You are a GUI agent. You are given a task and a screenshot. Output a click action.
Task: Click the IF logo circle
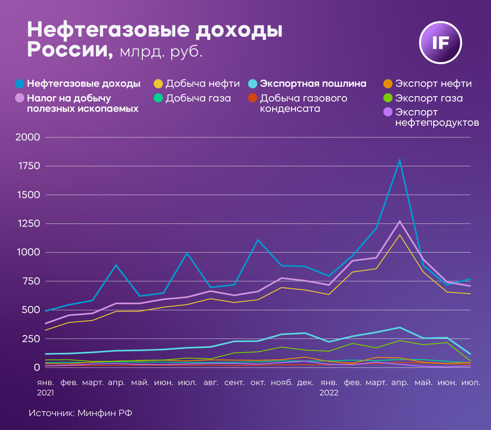(440, 43)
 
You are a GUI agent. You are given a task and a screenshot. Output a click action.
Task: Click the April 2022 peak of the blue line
(400, 161)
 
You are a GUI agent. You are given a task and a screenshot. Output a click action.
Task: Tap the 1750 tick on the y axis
(28, 166)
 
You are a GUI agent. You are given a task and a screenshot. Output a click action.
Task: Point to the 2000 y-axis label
(28, 137)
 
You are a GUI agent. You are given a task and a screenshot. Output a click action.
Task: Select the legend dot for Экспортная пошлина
(253, 84)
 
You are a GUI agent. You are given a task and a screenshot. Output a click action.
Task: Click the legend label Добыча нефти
(203, 84)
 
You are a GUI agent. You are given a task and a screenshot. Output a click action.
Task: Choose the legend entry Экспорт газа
(429, 98)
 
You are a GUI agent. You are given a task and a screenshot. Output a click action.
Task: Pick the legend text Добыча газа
(198, 98)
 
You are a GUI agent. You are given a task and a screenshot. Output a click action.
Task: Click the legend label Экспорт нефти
(433, 84)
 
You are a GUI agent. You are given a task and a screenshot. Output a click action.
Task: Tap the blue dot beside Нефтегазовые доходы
(20, 84)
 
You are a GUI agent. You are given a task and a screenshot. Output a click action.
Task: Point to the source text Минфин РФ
(105, 413)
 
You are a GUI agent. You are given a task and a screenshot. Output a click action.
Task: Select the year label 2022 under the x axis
(329, 393)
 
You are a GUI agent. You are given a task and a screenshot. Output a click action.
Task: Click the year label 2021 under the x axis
(45, 393)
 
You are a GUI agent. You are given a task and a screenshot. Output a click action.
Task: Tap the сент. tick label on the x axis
(234, 383)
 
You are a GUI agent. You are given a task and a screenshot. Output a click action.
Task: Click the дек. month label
(305, 383)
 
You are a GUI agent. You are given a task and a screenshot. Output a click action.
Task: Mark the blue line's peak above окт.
(258, 240)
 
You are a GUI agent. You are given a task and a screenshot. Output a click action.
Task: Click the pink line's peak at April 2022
(400, 222)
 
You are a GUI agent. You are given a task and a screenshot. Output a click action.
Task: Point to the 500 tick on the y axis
(31, 310)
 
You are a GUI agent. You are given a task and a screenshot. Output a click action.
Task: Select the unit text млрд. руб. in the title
(161, 52)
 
